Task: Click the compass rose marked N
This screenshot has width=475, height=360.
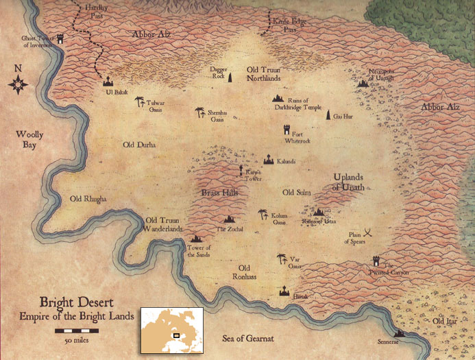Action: pyautogui.click(x=19, y=84)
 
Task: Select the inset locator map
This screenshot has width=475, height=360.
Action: pyautogui.click(x=171, y=327)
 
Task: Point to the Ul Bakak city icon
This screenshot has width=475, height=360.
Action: pyautogui.click(x=108, y=81)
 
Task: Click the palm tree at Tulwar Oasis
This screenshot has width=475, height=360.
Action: pyautogui.click(x=140, y=101)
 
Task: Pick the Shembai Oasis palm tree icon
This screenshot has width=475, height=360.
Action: pyautogui.click(x=199, y=112)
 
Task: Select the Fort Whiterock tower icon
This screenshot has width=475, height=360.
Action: pyautogui.click(x=287, y=130)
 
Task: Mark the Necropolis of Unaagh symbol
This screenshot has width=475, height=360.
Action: pyautogui.click(x=363, y=83)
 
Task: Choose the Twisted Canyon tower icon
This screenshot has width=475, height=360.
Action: pyautogui.click(x=376, y=261)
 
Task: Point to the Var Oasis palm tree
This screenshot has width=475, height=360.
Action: pyautogui.click(x=281, y=259)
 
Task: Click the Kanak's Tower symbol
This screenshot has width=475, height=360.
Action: pyautogui.click(x=240, y=169)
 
